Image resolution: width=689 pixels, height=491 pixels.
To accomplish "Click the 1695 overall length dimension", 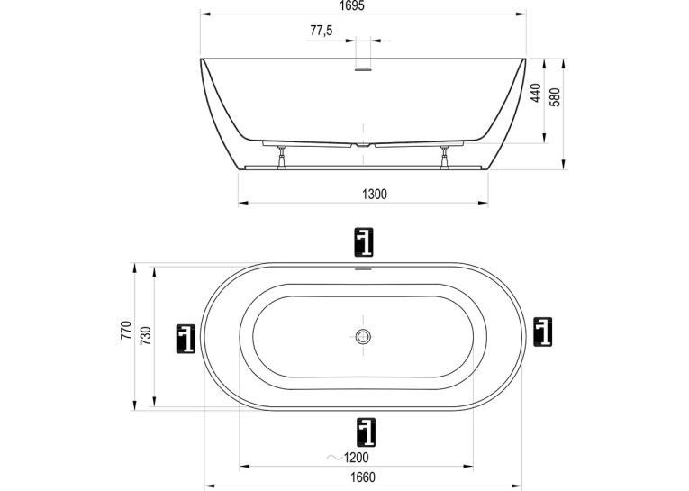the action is [352, 5].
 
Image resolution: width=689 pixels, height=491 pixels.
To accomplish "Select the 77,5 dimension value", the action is [322, 31].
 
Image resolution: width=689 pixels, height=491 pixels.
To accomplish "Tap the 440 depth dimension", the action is [536, 93].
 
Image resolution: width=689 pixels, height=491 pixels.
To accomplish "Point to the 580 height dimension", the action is [556, 97].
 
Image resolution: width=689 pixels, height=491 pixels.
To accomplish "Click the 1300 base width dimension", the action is [375, 194].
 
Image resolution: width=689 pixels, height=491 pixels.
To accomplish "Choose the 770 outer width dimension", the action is [126, 330].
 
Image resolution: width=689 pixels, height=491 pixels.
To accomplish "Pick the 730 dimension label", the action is [145, 335].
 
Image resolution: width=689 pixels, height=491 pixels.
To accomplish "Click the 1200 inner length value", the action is [356, 458].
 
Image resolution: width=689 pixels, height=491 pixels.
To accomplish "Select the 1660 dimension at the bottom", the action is [363, 477].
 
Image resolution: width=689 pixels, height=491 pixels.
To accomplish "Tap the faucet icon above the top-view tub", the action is [364, 241].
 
